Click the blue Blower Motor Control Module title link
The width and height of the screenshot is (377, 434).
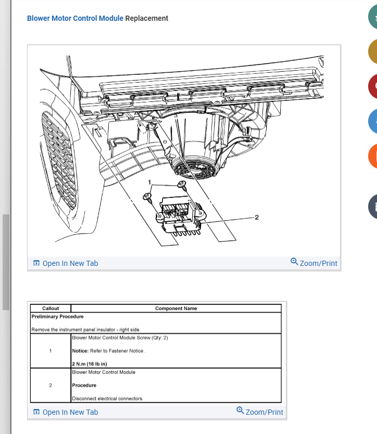(x=75, y=18)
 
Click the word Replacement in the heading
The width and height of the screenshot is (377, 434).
(x=146, y=18)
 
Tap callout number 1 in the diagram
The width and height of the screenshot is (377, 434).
(x=149, y=182)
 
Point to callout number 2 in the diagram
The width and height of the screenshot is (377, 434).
(x=257, y=218)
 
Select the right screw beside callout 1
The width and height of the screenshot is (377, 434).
(x=182, y=184)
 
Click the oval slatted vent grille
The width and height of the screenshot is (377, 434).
(x=59, y=160)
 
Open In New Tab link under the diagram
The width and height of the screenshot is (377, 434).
(x=66, y=263)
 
